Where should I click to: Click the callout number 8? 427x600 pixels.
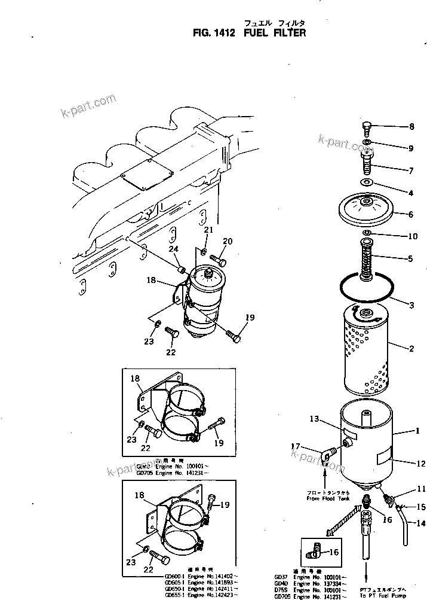coord(410,126)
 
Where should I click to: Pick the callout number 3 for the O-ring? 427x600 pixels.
coord(411,306)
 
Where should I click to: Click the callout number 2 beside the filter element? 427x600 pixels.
coord(411,347)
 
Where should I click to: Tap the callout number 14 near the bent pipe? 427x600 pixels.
coord(411,523)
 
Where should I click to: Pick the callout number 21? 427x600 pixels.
coord(208,230)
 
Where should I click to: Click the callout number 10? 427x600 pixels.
coord(411,236)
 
